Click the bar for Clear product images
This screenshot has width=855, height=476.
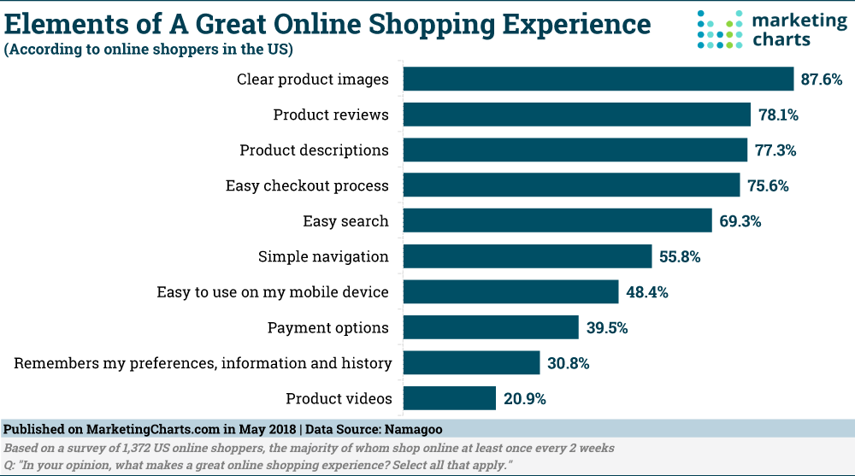598,79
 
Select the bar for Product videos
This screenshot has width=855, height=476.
450,398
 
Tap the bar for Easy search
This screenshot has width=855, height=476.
557,220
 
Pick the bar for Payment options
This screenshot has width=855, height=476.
491,327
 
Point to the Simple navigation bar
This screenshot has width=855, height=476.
528,256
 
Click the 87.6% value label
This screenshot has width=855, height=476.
822,79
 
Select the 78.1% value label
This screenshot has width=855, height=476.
779,115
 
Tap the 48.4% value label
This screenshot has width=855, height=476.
646,292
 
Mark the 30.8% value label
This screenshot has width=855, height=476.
568,363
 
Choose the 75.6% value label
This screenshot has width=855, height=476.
768,185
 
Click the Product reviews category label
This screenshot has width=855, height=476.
331,115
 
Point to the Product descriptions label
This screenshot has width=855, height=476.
314,150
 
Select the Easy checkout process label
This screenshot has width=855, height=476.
307,185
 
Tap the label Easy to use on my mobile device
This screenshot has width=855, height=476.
273,292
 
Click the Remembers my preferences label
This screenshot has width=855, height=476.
203,363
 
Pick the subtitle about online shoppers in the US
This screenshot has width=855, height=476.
150,50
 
